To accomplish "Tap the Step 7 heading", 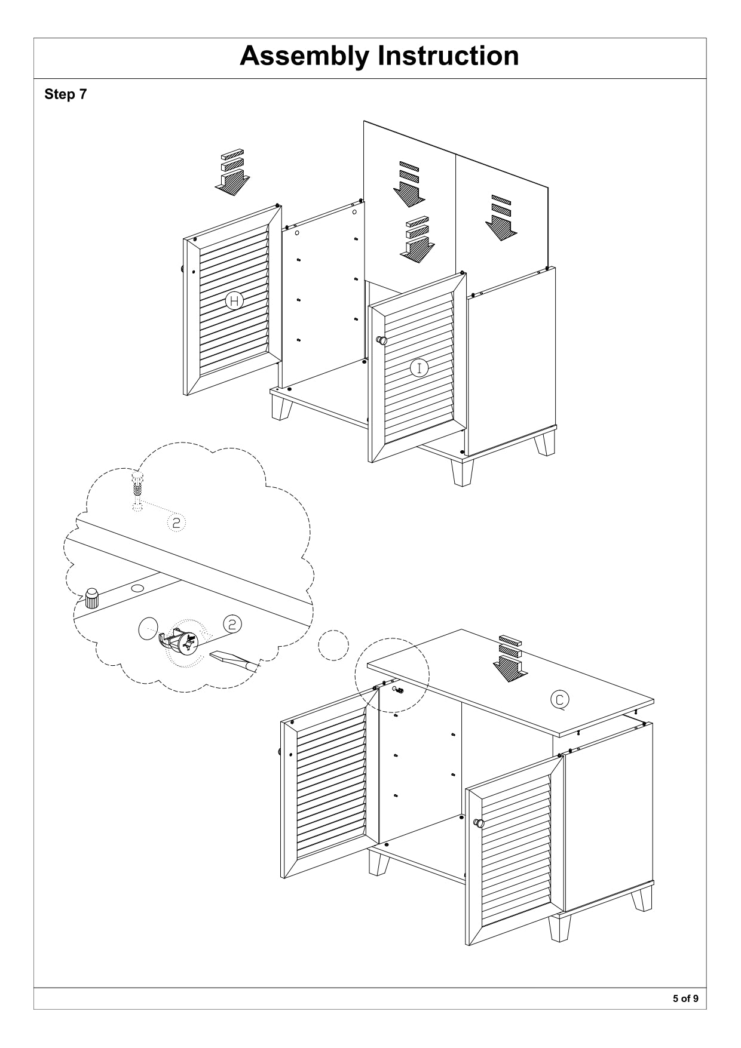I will coord(65,94).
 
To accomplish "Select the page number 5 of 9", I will coord(685,998).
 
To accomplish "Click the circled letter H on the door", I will coord(234,301).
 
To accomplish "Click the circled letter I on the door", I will coord(420,368).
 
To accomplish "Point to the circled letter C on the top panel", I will coord(559,699).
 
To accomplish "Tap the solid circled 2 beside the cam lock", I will coord(232,624).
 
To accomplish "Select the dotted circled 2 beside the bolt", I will coord(176,523).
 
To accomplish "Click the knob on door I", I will coord(381,340).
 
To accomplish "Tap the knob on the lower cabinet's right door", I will coord(479,823).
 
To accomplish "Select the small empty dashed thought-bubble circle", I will coord(333,645).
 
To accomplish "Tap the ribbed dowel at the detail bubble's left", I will coord(91,597).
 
